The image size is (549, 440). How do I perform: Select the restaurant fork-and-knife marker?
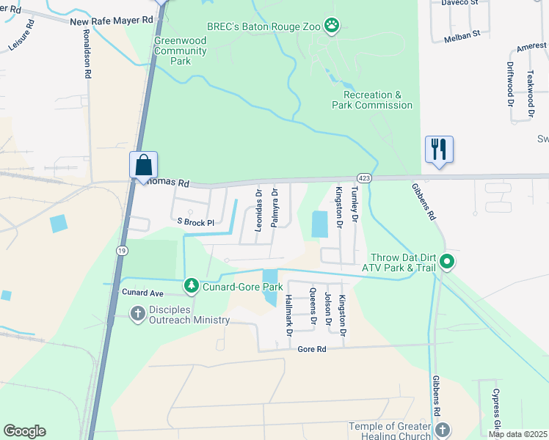[x=439, y=149]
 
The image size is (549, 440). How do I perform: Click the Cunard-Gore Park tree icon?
[x=191, y=284]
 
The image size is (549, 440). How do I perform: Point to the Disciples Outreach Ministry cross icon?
[x=137, y=314]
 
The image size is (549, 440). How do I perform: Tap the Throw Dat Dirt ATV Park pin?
[x=445, y=262]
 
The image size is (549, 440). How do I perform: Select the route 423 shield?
[x=363, y=177]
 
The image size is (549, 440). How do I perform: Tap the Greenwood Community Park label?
[x=181, y=51]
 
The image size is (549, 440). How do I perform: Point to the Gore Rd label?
[x=311, y=350]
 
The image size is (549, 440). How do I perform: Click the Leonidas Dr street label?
[x=258, y=210]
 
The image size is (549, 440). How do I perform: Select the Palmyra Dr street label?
[x=274, y=208]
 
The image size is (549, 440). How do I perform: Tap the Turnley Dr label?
[x=354, y=205]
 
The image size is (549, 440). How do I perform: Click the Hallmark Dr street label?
[x=288, y=316]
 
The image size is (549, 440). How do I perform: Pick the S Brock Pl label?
[x=194, y=222]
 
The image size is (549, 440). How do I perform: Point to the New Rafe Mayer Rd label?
[x=112, y=22]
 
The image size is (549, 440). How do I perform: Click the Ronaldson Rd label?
[x=87, y=54]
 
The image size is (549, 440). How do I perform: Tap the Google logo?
[x=25, y=431]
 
